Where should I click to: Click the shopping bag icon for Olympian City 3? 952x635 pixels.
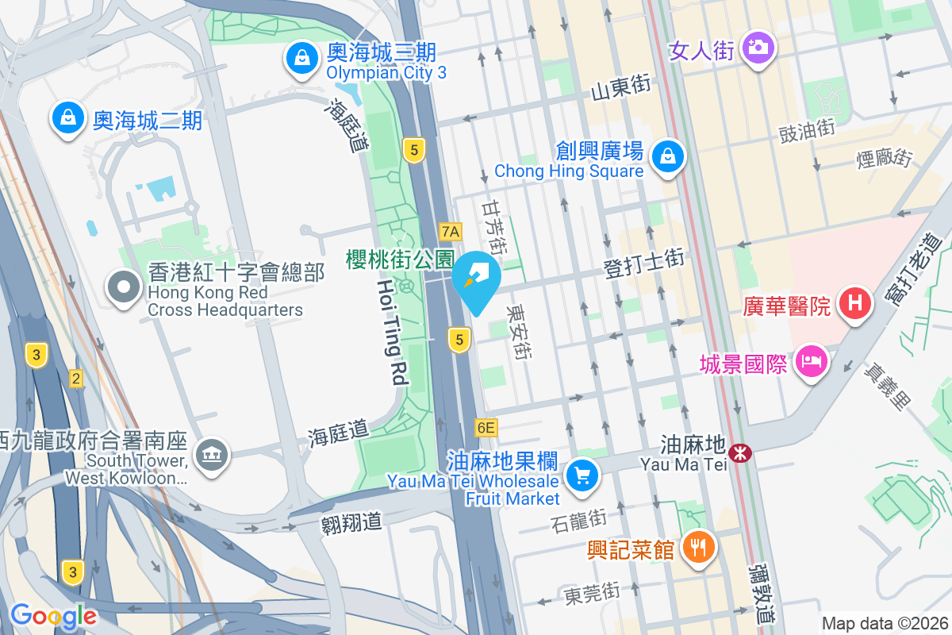(301, 58)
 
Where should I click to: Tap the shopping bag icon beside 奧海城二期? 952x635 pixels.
(68, 118)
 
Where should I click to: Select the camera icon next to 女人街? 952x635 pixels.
(758, 48)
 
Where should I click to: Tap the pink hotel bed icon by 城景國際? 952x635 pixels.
(811, 363)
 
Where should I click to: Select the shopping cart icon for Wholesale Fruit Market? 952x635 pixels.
(583, 475)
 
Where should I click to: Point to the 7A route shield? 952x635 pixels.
(451, 231)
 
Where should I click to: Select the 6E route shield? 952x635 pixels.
(486, 428)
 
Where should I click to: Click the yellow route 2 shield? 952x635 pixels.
(76, 379)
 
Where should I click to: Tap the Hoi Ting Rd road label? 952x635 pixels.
(395, 332)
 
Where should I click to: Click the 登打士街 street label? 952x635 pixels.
(644, 264)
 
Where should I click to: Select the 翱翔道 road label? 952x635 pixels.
(351, 522)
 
